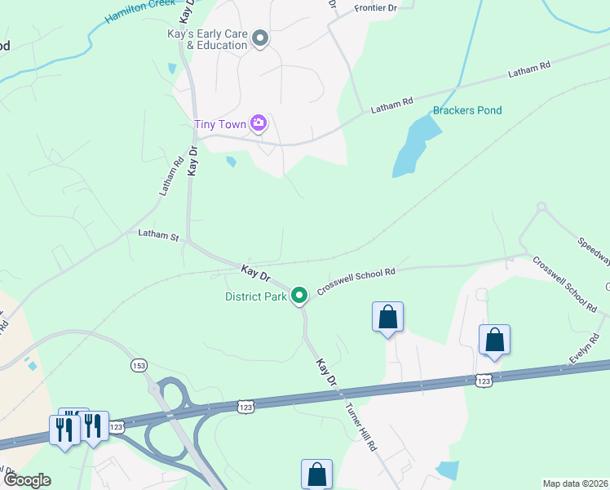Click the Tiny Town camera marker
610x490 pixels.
tap(259, 123)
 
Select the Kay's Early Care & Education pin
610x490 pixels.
tap(260, 38)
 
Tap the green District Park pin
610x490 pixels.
tap(299, 295)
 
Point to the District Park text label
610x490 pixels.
tap(256, 296)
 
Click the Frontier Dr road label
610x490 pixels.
tap(375, 7)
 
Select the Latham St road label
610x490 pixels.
tap(158, 236)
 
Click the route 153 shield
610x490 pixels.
tap(138, 365)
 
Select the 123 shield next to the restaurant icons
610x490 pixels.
tap(117, 426)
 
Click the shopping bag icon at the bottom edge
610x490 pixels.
tap(316, 474)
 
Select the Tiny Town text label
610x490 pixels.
tap(220, 125)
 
